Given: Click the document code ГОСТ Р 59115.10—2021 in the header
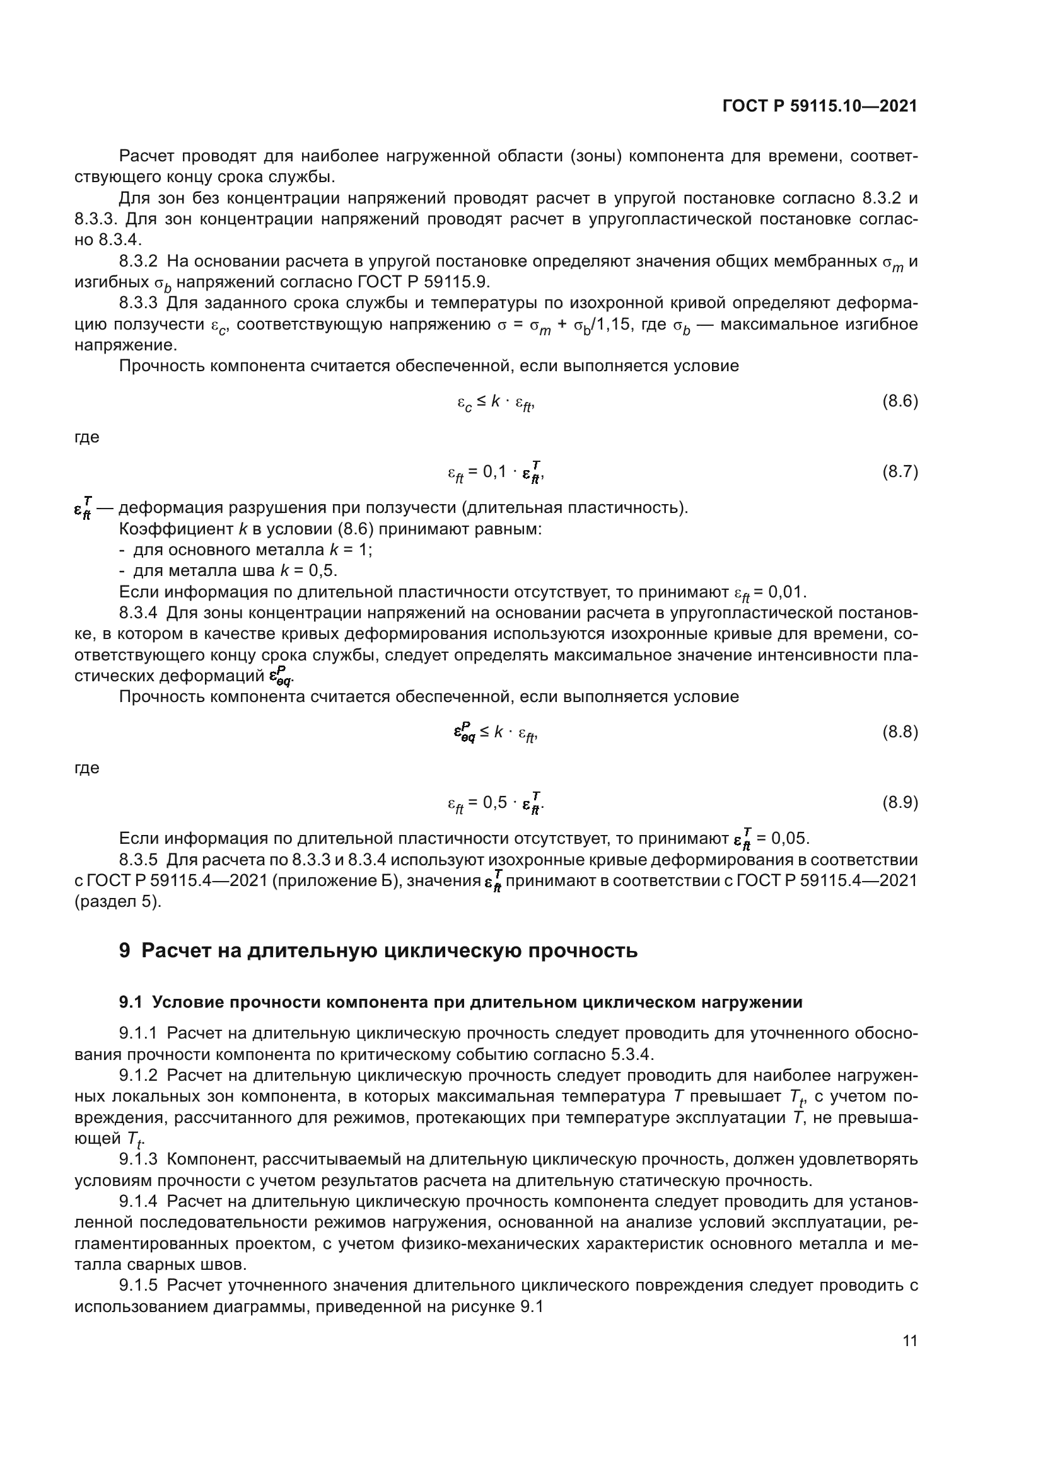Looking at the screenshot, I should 820,106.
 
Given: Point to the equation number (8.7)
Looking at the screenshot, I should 900,472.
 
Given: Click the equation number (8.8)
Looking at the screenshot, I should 900,732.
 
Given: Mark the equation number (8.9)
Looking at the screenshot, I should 900,802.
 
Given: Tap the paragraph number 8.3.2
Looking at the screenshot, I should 138,262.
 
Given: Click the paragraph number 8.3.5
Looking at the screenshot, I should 138,860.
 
